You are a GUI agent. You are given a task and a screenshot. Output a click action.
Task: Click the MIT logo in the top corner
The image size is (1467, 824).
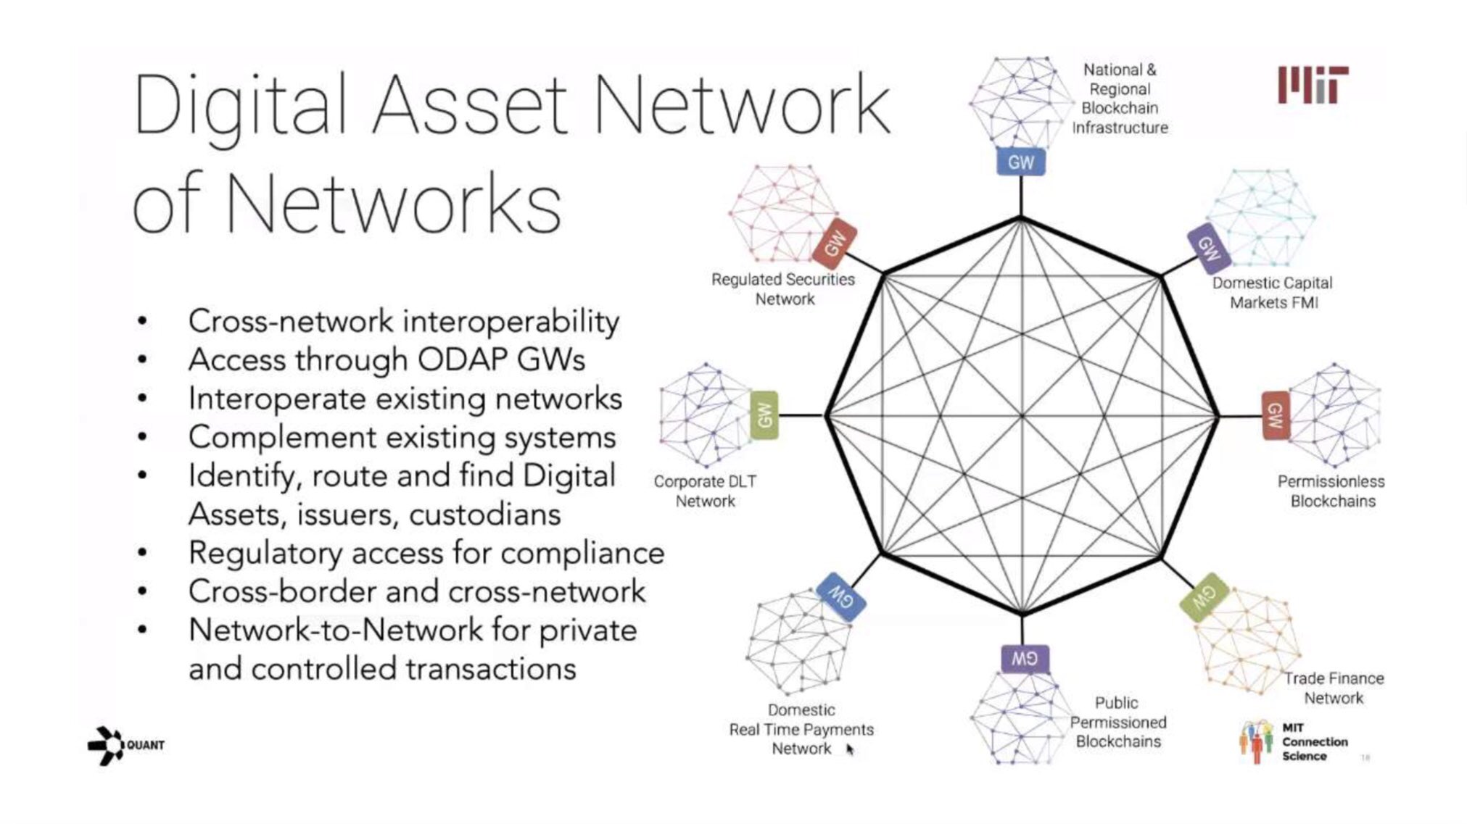point(1313,85)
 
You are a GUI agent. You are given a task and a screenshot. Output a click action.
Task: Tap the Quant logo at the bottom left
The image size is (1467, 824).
point(125,745)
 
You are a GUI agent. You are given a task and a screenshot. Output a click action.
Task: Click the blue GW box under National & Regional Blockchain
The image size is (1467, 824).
point(1020,162)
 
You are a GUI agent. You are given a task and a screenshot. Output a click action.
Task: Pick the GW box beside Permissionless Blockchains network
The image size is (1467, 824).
point(1275,415)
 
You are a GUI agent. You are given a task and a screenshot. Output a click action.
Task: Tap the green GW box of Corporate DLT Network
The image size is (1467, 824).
point(764,415)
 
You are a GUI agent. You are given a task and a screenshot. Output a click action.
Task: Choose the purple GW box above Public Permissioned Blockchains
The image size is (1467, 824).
point(1024,659)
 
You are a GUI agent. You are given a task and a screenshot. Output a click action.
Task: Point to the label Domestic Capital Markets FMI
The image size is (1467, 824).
point(1273,293)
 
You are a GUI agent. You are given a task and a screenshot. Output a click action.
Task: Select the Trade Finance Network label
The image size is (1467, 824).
point(1334,688)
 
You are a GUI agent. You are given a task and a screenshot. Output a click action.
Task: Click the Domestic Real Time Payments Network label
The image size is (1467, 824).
point(801,729)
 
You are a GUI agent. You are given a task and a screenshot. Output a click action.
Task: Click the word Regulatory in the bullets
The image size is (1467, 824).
point(265,554)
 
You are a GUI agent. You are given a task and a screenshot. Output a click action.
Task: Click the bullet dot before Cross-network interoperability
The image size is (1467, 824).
point(143,321)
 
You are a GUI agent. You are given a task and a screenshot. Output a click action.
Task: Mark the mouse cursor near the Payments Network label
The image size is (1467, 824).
point(850,749)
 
